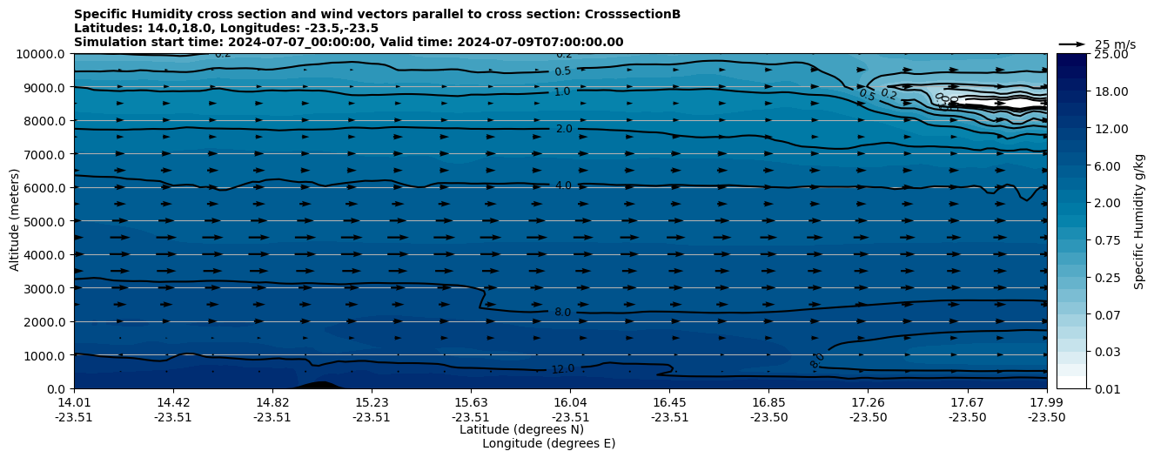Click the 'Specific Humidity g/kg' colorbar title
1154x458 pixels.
click(1139, 221)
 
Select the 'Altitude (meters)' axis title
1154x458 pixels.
click(15, 221)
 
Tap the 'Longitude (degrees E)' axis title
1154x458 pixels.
click(548, 443)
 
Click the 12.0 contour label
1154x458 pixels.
click(563, 369)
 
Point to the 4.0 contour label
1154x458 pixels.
click(563, 185)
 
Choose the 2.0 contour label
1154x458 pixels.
click(564, 129)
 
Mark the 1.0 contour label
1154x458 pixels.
click(562, 91)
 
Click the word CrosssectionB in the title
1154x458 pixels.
click(634, 15)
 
